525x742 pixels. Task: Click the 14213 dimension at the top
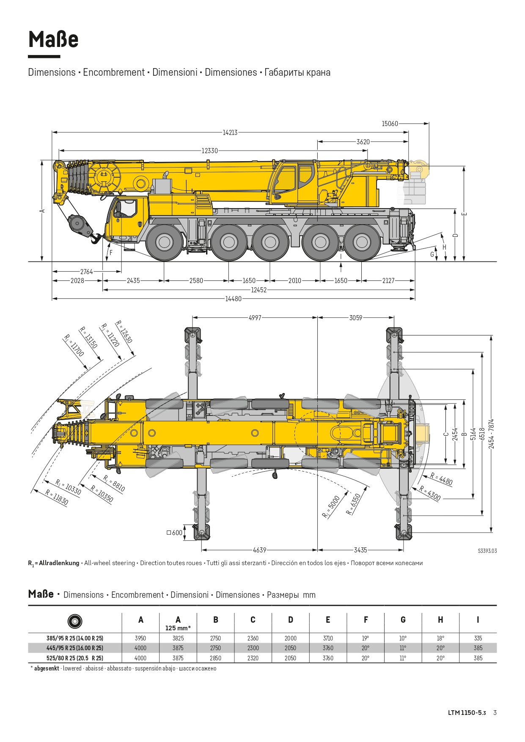[230, 132]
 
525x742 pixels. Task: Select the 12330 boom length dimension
[210, 151]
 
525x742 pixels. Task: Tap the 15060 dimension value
[390, 124]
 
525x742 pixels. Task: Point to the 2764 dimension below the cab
[87, 272]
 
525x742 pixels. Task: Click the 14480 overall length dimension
[233, 299]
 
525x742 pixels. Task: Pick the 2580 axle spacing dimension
[196, 280]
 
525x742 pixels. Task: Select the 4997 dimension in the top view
[255, 318]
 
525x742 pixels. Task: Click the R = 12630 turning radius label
[124, 332]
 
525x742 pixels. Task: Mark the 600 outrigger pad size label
[175, 533]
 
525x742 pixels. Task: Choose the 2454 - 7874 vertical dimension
[491, 434]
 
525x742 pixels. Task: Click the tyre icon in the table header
[75, 621]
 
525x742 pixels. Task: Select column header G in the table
[403, 620]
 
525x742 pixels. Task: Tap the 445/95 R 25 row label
[75, 648]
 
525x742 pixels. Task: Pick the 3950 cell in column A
[140, 638]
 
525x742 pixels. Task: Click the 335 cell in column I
[478, 638]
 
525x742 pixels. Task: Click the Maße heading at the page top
[53, 39]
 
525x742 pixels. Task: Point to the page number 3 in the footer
[495, 713]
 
